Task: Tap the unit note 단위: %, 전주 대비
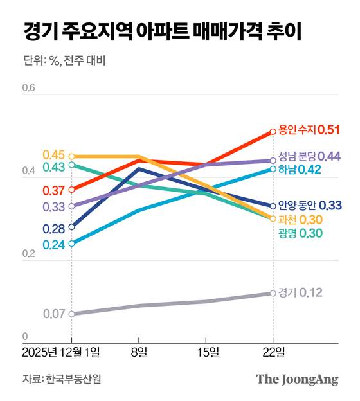tap(64, 62)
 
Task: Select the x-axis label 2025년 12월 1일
tap(61, 352)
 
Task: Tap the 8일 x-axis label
tap(138, 352)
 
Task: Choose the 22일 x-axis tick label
tap(273, 352)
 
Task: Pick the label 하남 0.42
tap(300, 170)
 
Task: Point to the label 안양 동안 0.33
tap(310, 206)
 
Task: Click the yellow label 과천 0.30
tap(300, 220)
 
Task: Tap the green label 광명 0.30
tap(300, 233)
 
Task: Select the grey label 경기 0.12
tap(300, 292)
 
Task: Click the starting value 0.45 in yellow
tap(54, 155)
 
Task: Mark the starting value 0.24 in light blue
tap(54, 244)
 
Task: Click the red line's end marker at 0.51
tap(273, 131)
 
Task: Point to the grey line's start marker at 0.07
tap(71, 314)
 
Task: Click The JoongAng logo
tap(297, 379)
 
